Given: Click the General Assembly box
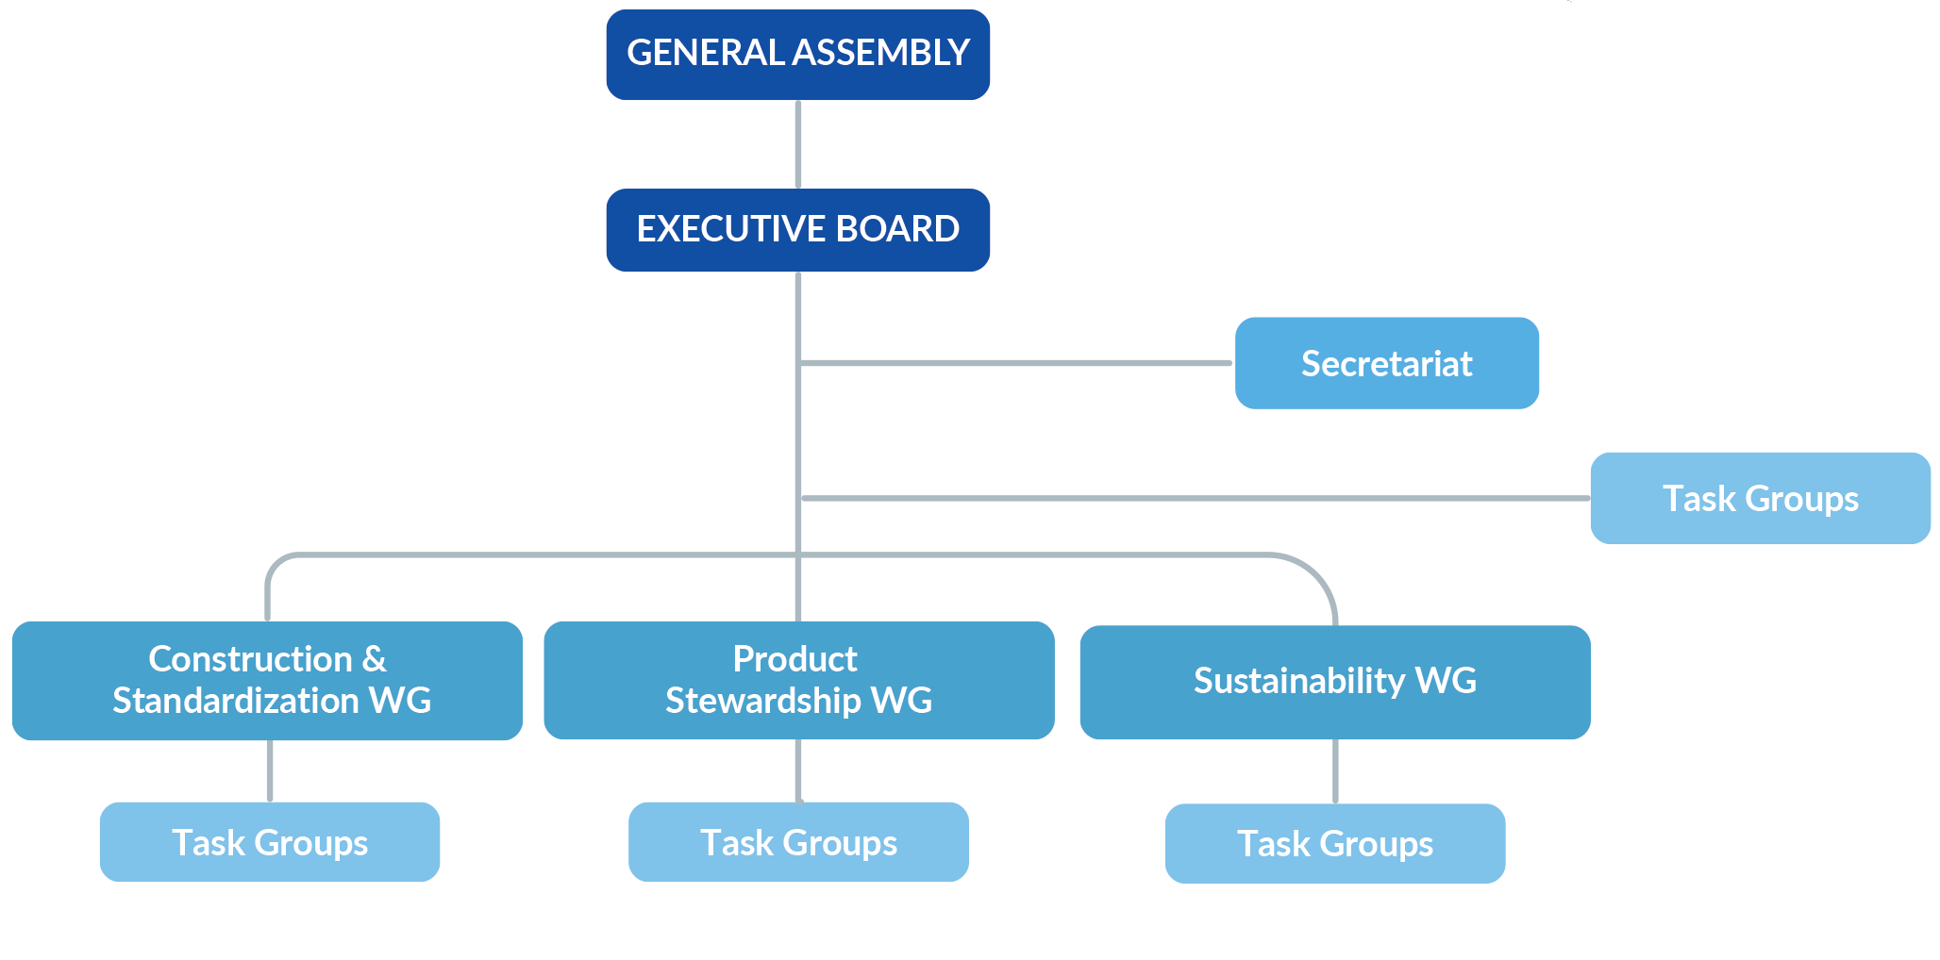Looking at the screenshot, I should (797, 55).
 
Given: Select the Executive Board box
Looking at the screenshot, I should (797, 230).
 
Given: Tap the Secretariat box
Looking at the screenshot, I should (1386, 363).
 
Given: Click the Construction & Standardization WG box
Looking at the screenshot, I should (267, 680).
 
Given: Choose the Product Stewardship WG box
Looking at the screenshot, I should (798, 680).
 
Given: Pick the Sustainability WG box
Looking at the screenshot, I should (1334, 682).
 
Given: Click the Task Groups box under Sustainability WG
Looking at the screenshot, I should (1334, 843).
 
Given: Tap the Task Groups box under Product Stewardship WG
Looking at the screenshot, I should (798, 842).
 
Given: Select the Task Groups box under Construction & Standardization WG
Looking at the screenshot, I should (270, 842).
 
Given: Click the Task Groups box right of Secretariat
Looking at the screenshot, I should (1760, 498).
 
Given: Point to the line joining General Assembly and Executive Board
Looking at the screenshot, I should (798, 144).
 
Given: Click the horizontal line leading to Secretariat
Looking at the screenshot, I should (1014, 363).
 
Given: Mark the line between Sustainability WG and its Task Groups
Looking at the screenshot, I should (1335, 770).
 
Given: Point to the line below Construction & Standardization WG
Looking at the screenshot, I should (270, 770).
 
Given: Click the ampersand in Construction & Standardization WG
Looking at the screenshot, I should (375, 659).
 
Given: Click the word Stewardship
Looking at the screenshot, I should (762, 701).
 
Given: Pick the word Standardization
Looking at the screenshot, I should (236, 701).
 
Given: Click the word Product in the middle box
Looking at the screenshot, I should (794, 659).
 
